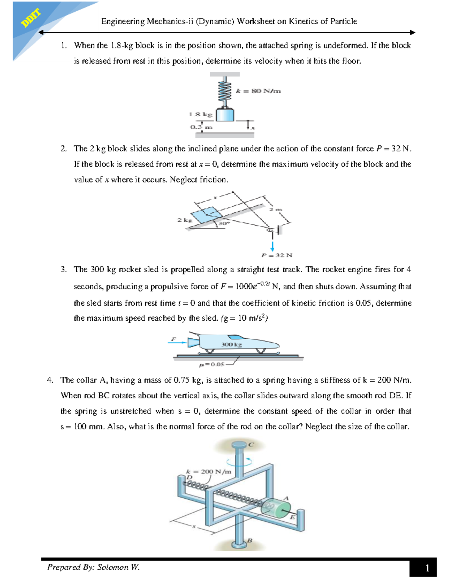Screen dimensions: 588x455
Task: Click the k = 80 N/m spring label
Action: [258, 91]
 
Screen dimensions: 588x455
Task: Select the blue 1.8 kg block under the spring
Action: [225, 115]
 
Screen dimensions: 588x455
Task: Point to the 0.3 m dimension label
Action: [201, 127]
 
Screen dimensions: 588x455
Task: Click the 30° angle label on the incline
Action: [224, 224]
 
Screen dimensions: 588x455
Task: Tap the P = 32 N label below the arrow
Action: [277, 256]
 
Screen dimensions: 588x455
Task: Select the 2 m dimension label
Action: [276, 209]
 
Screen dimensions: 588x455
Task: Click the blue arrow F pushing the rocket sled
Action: [177, 343]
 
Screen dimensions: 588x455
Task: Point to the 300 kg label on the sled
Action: [231, 345]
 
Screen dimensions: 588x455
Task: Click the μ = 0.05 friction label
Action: [212, 365]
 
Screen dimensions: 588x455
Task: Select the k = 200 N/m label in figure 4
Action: [209, 472]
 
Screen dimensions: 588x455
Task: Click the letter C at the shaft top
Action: [251, 445]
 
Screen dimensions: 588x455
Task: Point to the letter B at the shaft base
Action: [249, 541]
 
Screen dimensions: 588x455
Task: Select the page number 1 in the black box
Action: [427, 568]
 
